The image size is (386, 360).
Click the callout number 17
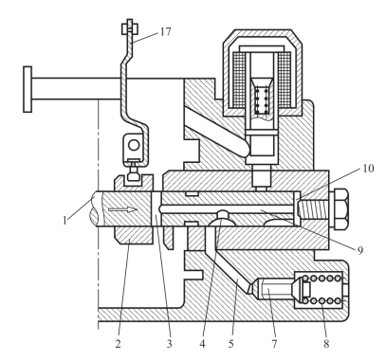tap(165, 31)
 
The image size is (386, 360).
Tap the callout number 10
tap(368, 169)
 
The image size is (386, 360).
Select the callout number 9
tap(360, 251)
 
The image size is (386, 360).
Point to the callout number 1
tap(65, 220)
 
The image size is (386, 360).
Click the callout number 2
tap(118, 344)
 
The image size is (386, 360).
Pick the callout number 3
tap(170, 344)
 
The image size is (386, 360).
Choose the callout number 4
tap(202, 344)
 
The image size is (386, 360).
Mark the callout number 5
tap(231, 344)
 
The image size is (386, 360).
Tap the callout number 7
tap(274, 344)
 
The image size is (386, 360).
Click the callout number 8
tap(326, 344)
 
